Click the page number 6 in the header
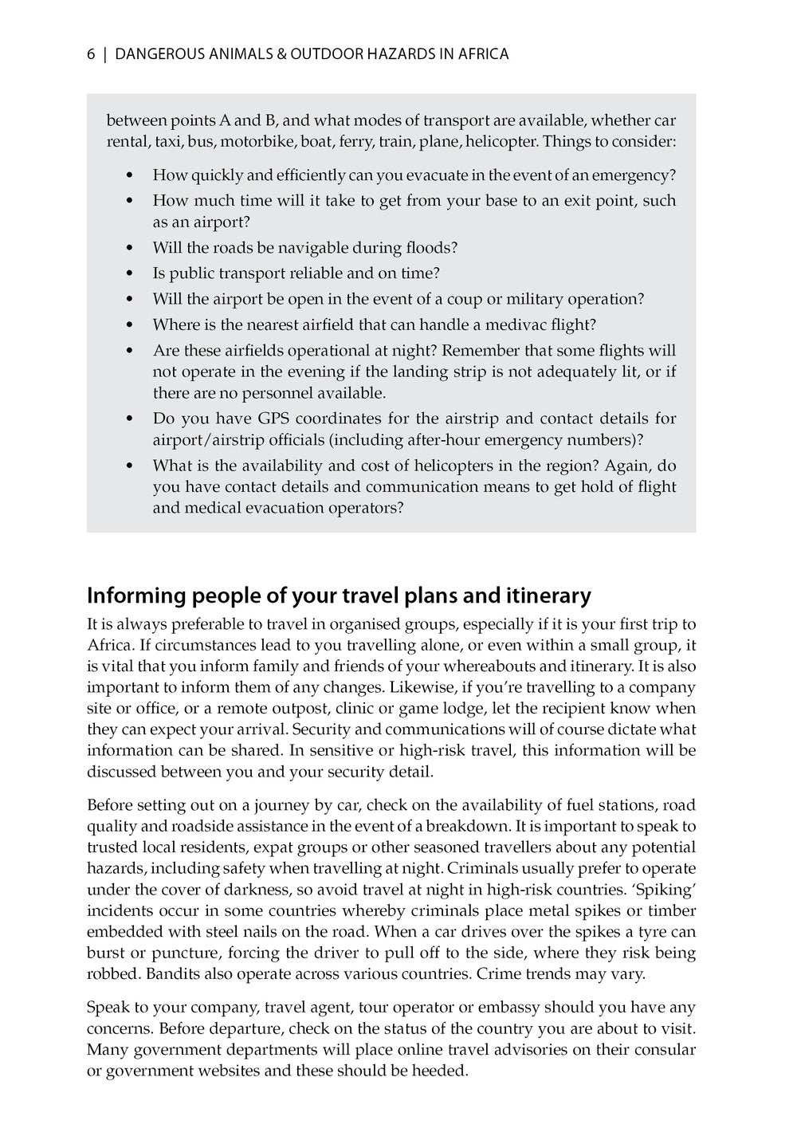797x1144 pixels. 91,54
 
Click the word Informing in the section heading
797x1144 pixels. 134,596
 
